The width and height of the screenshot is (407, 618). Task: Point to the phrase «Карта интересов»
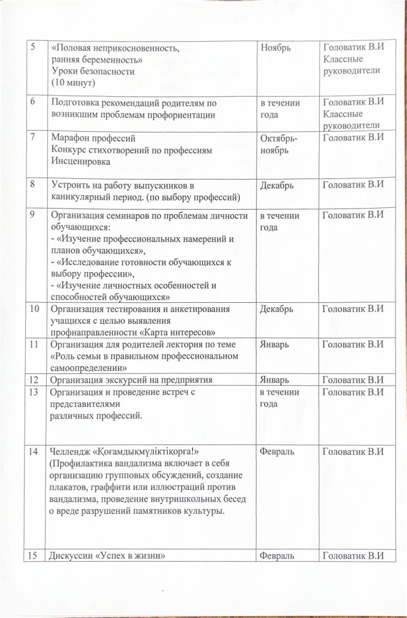tap(178, 332)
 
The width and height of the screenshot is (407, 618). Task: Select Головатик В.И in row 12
tap(353, 380)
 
